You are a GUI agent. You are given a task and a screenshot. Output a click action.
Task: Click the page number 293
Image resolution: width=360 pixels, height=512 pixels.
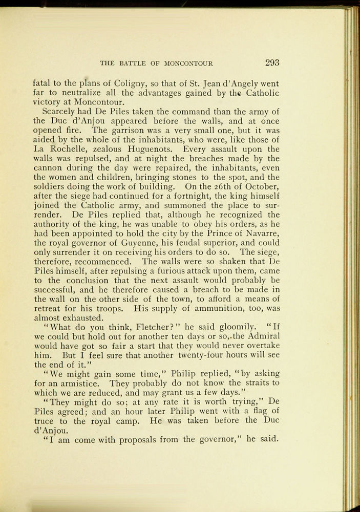272,63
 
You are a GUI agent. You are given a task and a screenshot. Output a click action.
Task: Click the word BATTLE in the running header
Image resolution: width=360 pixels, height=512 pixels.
134,64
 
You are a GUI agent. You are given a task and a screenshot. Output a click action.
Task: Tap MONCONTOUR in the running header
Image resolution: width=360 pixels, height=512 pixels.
188,64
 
